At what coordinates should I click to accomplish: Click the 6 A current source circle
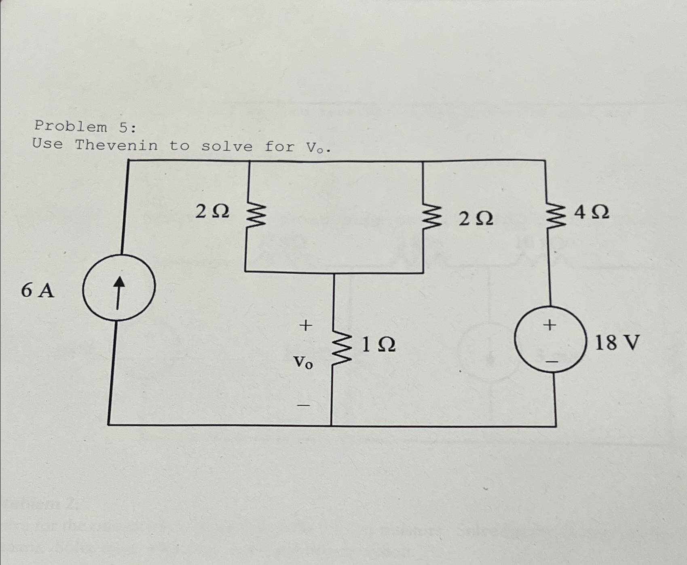[x=118, y=288]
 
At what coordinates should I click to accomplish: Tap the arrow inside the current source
[x=118, y=292]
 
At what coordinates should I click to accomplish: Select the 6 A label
[x=37, y=290]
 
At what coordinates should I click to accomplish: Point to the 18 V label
[x=617, y=343]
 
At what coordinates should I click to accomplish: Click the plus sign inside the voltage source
[x=549, y=325]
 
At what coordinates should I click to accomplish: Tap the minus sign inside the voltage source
[x=552, y=360]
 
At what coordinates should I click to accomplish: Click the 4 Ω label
[x=592, y=212]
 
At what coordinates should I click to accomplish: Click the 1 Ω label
[x=378, y=344]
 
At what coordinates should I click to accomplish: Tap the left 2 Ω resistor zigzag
[x=254, y=216]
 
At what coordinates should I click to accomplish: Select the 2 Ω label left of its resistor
[x=212, y=211]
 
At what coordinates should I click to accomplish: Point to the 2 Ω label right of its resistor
[x=476, y=219]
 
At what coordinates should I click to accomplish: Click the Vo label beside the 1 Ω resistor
[x=303, y=363]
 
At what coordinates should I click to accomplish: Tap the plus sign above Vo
[x=306, y=325]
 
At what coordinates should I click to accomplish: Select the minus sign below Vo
[x=304, y=405]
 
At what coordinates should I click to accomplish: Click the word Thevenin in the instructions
[x=116, y=145]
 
